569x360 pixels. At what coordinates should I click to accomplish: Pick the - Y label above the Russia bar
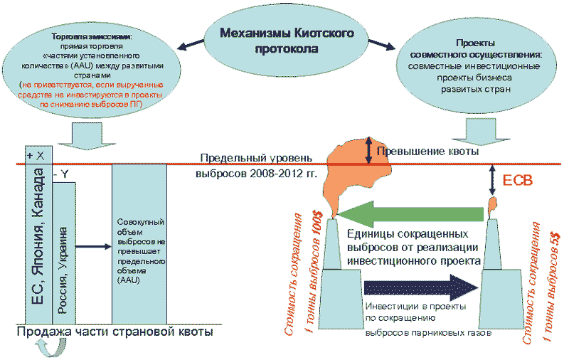pyautogui.click(x=62, y=174)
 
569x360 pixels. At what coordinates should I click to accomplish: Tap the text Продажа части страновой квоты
pyautogui.click(x=114, y=332)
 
